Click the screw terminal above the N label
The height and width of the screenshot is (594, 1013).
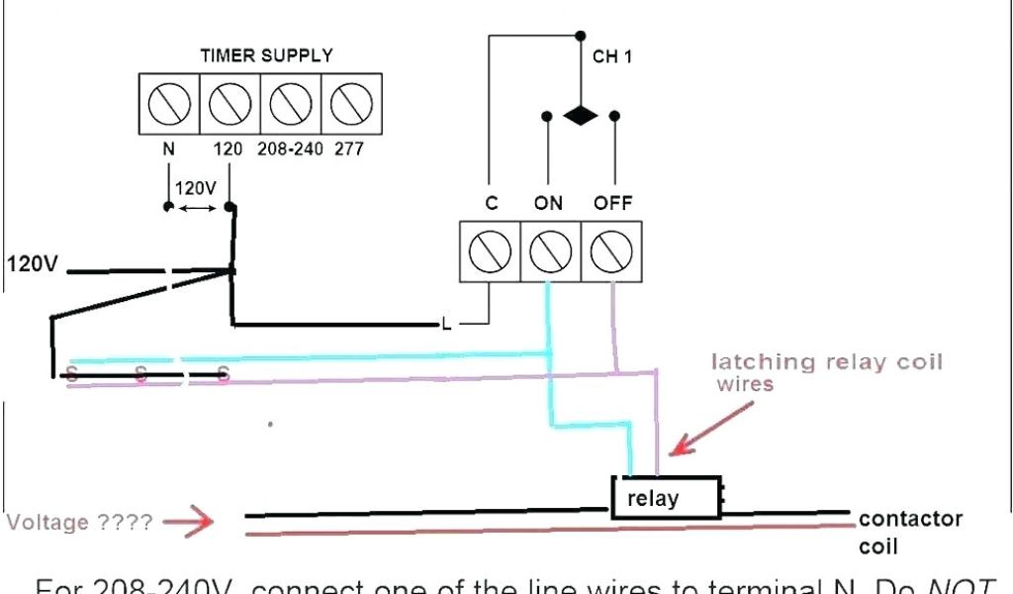pos(168,103)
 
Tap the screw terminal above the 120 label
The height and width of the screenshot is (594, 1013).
pos(230,103)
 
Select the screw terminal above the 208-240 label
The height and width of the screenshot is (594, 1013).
pos(291,103)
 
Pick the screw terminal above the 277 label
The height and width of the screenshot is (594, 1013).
pos(351,103)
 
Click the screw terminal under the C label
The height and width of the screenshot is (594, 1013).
pos(490,251)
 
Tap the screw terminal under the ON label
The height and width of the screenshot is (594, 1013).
pos(550,251)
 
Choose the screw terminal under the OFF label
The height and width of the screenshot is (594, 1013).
pos(610,251)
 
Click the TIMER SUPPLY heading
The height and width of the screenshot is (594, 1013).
pos(266,55)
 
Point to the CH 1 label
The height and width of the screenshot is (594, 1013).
pos(612,57)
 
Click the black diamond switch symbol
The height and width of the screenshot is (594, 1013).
pos(581,116)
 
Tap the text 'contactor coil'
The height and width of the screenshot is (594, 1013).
pos(910,532)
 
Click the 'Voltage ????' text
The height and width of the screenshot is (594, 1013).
pos(80,522)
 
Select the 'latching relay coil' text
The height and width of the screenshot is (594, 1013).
pos(827,362)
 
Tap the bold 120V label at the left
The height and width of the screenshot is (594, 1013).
pos(33,264)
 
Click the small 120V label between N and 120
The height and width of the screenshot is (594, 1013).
pos(196,188)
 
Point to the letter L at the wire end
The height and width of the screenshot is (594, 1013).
pos(446,324)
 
